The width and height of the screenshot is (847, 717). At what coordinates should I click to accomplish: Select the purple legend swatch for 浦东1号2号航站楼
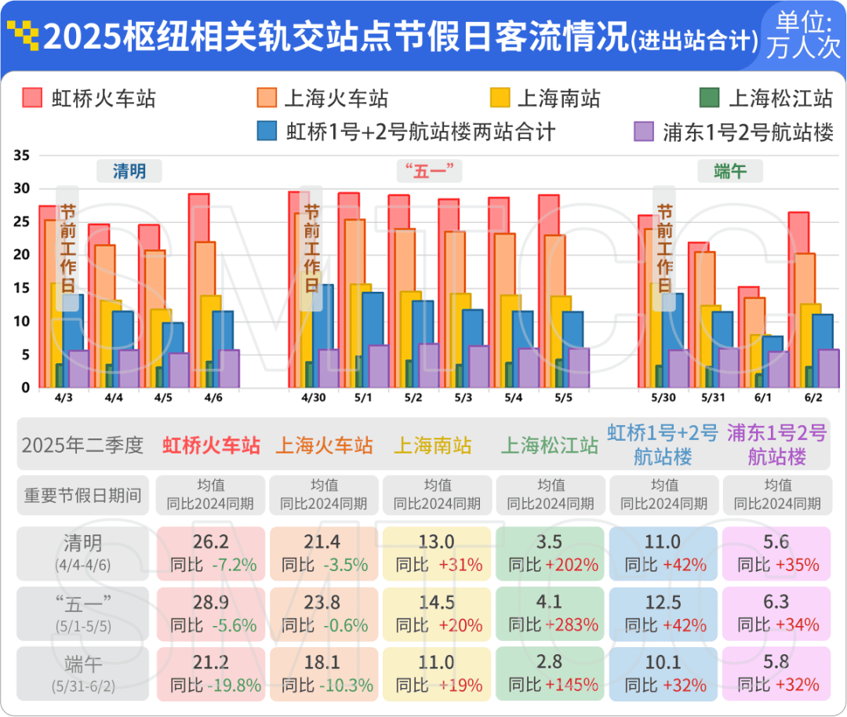tap(644, 132)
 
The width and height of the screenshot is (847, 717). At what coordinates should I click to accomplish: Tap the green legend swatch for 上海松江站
tap(709, 98)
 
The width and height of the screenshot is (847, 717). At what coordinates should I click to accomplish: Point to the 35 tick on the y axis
tap(21, 155)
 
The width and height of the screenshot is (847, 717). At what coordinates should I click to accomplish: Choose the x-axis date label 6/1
tap(760, 398)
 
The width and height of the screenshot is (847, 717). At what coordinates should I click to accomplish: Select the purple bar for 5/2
tap(429, 366)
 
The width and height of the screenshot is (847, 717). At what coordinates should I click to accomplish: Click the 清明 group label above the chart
tap(129, 171)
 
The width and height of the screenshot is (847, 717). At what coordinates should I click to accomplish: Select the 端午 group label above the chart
tap(730, 171)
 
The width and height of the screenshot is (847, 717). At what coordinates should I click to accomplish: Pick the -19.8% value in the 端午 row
tap(234, 685)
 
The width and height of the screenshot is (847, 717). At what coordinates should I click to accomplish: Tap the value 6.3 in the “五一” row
tap(777, 602)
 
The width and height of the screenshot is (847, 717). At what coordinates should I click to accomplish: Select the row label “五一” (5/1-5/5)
tap(83, 613)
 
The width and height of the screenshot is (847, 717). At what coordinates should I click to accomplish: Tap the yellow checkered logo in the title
tap(21, 35)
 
